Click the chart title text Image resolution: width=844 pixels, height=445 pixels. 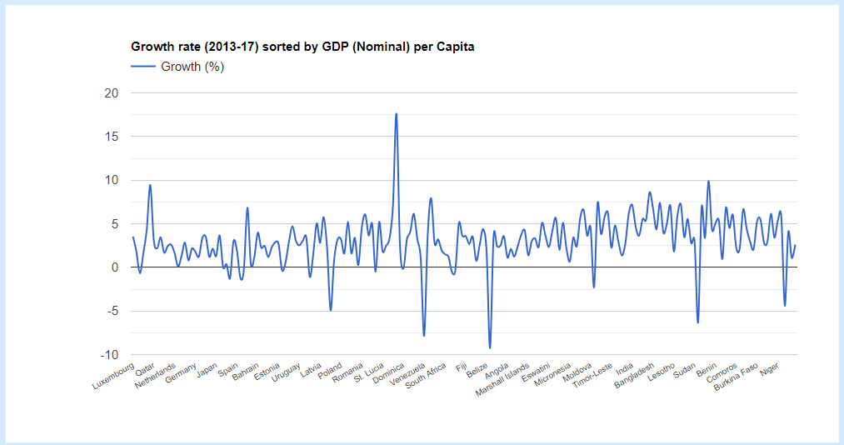pyautogui.click(x=302, y=47)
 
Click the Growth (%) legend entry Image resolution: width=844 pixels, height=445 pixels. pyautogui.click(x=192, y=67)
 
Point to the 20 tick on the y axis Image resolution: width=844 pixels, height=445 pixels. pyautogui.click(x=112, y=93)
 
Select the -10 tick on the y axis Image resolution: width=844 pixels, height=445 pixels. pyautogui.click(x=110, y=355)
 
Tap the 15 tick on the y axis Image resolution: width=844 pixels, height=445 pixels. pyautogui.click(x=112, y=137)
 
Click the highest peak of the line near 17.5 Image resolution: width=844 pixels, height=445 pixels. pyautogui.click(x=397, y=113)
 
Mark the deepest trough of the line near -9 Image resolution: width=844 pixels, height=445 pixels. pyautogui.click(x=490, y=347)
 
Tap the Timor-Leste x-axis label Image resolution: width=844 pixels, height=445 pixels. pyautogui.click(x=593, y=376)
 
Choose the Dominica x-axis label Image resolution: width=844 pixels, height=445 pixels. pyautogui.click(x=388, y=372)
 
